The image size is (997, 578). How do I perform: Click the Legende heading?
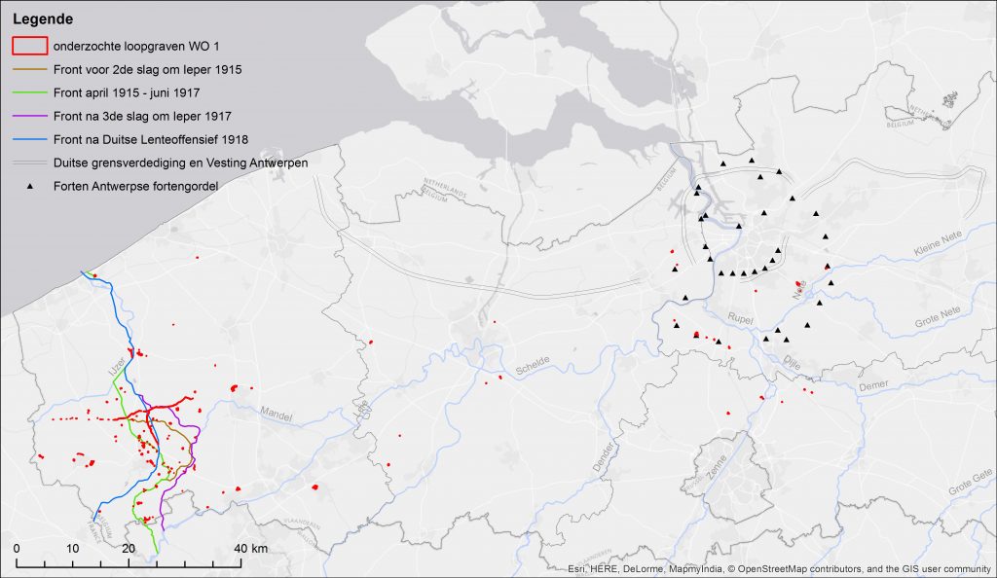(x=43, y=18)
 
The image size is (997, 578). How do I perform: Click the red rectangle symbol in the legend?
(x=29, y=46)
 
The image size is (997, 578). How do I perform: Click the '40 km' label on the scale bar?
(x=252, y=550)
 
